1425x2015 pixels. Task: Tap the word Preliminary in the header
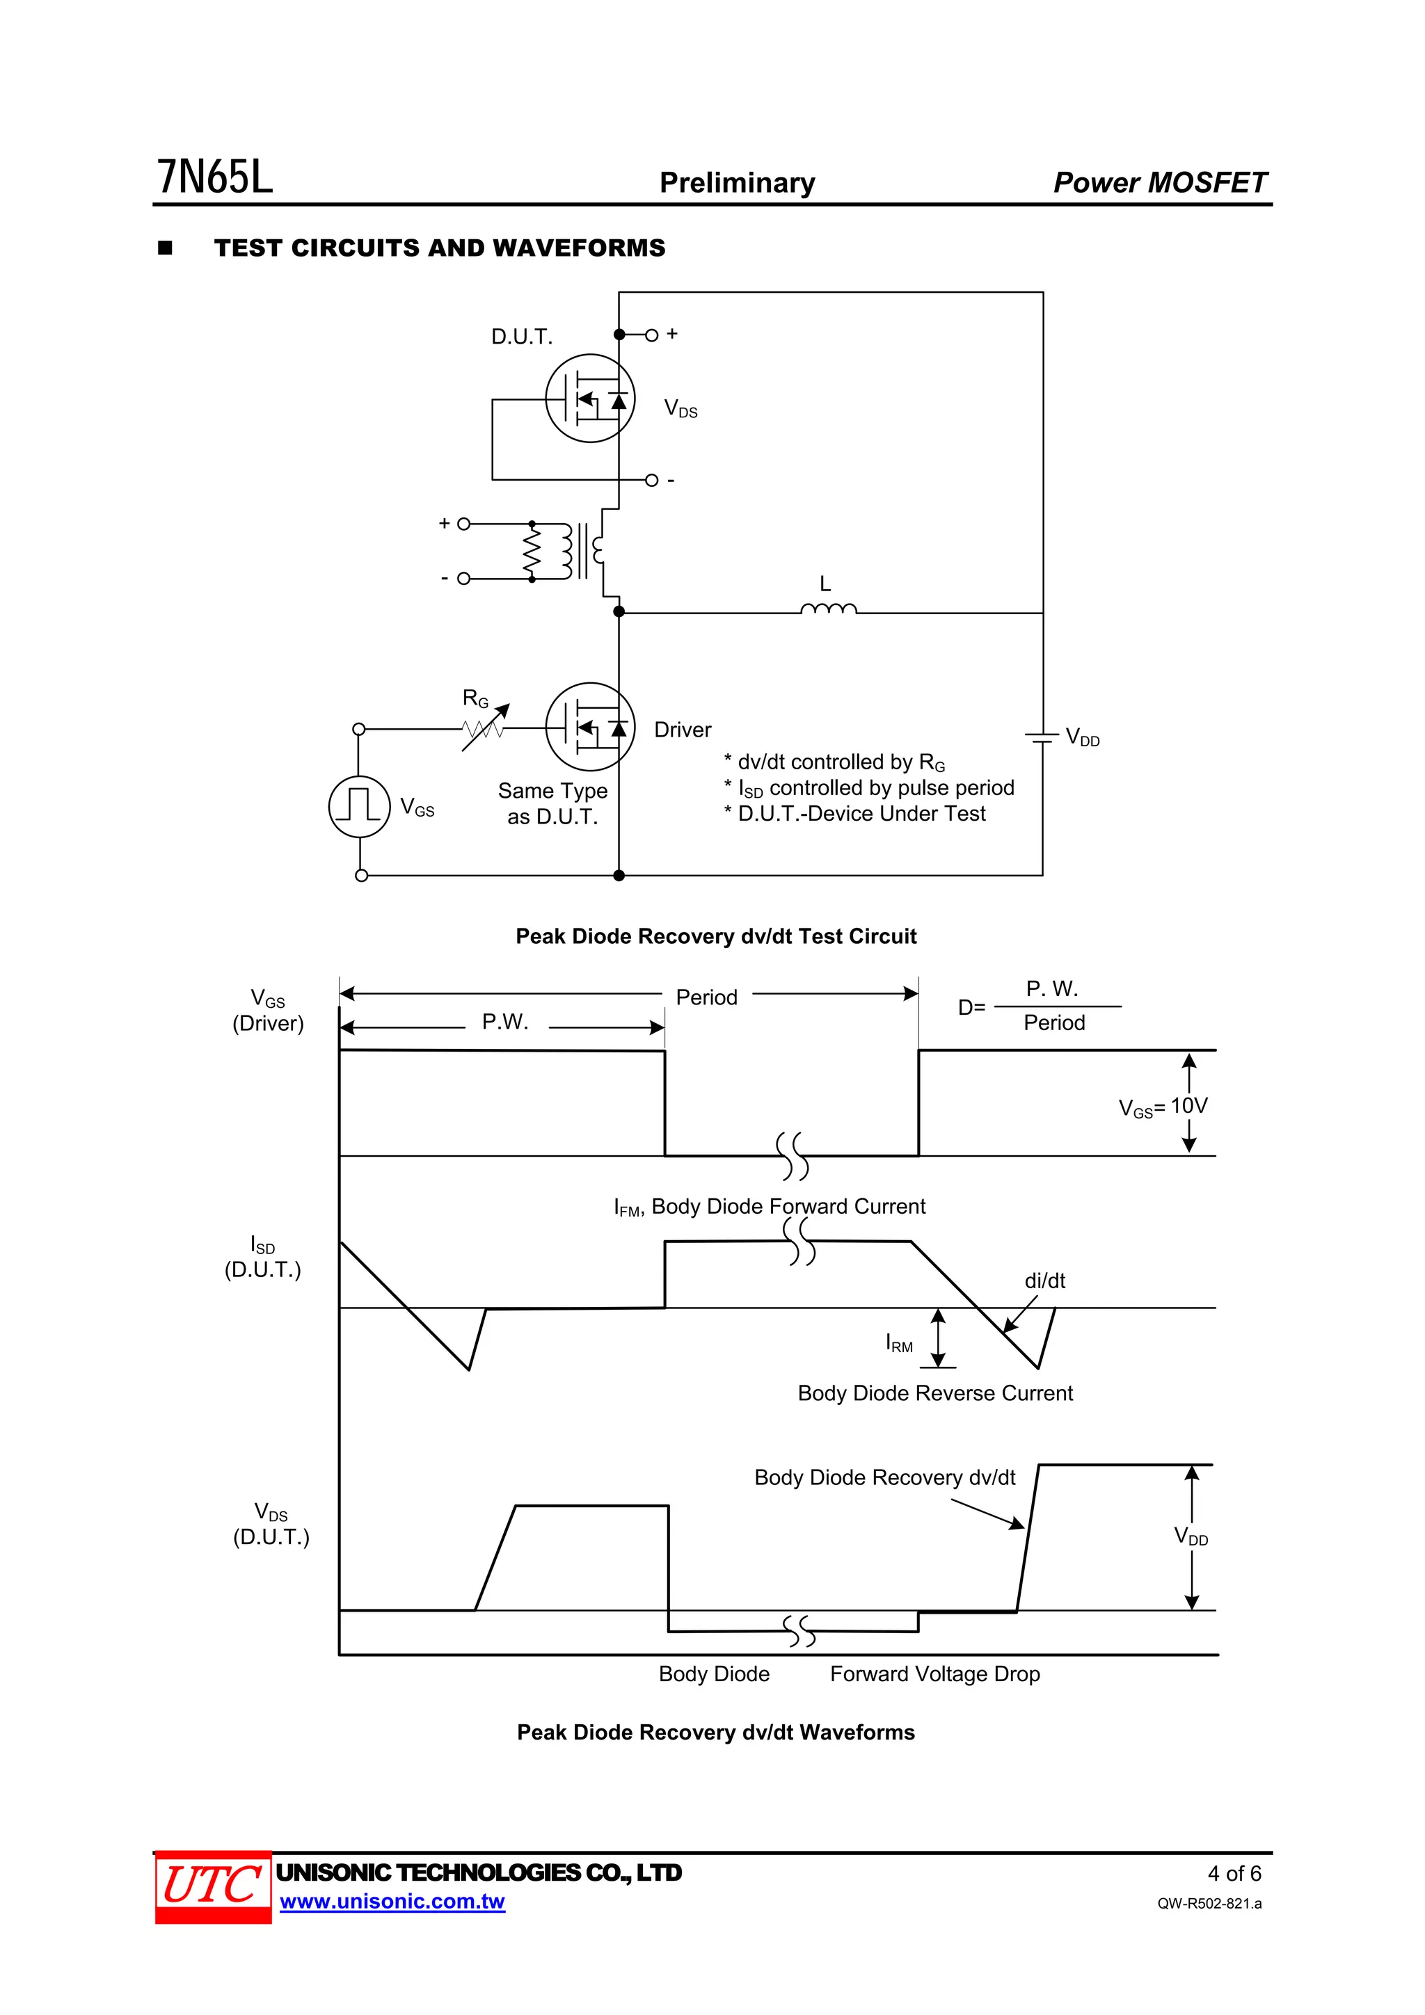pyautogui.click(x=737, y=182)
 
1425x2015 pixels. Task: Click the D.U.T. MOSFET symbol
pyautogui.click(x=590, y=399)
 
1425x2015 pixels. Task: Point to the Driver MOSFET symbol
pyautogui.click(x=590, y=728)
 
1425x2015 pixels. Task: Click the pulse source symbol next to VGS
pyautogui.click(x=359, y=805)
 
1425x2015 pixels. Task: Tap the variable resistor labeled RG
pyautogui.click(x=484, y=728)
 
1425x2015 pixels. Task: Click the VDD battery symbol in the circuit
pyautogui.click(x=1042, y=737)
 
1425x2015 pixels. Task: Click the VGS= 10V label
pyautogui.click(x=1163, y=1107)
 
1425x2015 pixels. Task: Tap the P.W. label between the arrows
pyautogui.click(x=505, y=1022)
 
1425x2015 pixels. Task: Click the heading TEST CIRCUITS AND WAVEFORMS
pyautogui.click(x=439, y=248)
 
